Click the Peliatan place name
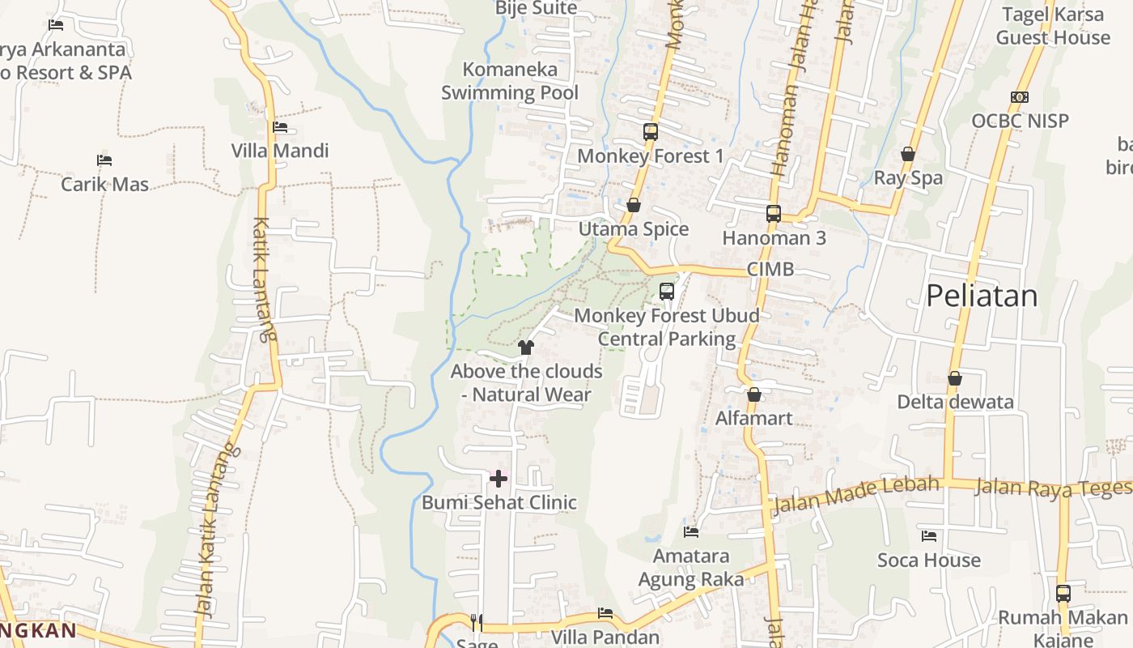982,296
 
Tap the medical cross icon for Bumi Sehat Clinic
499,479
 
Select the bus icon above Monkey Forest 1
651,131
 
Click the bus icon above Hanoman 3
774,214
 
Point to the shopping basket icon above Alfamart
754,394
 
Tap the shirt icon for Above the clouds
526,347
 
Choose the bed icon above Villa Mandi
280,127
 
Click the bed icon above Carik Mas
104,160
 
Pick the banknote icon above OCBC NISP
1020,97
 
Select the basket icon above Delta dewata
955,378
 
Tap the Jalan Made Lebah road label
856,495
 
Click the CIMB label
770,269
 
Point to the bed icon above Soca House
929,536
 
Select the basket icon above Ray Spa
908,154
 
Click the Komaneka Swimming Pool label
510,81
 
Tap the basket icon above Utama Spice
634,205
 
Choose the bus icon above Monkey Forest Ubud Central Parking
667,292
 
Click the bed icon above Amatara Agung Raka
691,532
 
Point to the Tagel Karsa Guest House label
1053,26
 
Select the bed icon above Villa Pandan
605,613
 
